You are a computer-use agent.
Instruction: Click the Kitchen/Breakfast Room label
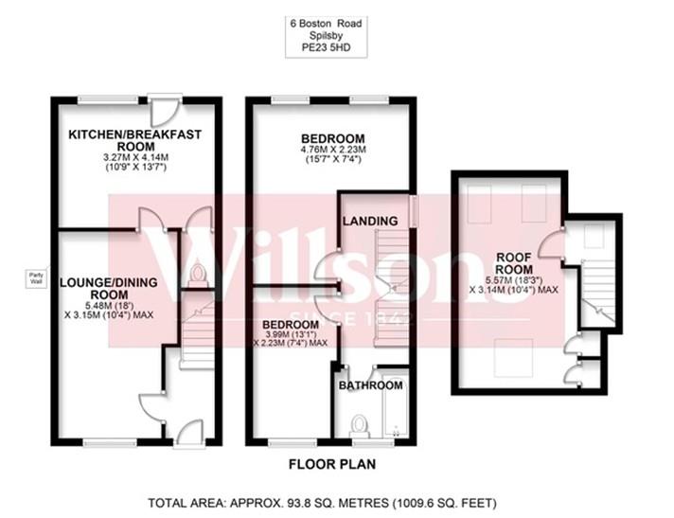(x=135, y=141)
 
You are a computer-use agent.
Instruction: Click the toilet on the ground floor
(x=197, y=276)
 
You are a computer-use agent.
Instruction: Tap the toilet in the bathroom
(x=359, y=420)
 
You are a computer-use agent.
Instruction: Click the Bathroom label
(x=371, y=385)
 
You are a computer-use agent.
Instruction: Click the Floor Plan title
(x=333, y=465)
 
